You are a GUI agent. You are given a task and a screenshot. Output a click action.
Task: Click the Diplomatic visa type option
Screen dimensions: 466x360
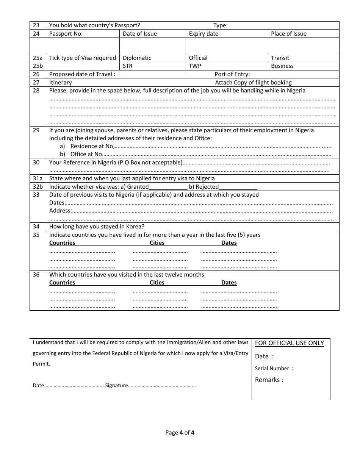[137, 58]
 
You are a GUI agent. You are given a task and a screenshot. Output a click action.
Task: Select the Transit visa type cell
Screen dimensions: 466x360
[280, 58]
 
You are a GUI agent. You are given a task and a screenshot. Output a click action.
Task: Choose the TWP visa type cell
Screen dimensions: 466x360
[195, 66]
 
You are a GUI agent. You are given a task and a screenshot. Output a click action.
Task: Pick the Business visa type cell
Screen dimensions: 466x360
[282, 66]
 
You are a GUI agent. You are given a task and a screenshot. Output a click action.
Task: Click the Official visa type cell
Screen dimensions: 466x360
[198, 58]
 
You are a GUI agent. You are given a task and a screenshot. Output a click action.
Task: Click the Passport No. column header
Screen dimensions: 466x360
[66, 34]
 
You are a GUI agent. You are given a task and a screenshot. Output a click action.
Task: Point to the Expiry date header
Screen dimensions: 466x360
[203, 34]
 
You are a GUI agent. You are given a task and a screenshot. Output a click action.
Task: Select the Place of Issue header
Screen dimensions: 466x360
[289, 34]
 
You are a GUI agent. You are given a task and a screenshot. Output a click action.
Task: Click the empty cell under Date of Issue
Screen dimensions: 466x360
[152, 46]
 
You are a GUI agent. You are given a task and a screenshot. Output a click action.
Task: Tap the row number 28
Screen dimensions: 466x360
[36, 91]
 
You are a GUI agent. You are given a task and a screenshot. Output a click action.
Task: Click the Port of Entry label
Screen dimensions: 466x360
[232, 74]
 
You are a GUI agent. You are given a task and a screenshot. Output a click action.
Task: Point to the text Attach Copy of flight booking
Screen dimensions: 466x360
[253, 83]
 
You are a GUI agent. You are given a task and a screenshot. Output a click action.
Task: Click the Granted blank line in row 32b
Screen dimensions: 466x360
[168, 187]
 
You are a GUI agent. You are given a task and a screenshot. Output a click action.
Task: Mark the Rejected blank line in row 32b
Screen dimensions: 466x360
[238, 187]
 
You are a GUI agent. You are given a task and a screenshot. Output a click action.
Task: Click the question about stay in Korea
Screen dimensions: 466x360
[97, 227]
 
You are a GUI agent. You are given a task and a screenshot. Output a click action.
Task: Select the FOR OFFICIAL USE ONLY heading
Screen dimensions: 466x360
[290, 343]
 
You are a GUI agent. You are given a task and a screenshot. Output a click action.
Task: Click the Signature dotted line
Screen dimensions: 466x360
[161, 386]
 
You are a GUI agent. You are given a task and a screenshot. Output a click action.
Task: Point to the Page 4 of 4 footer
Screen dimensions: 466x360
[180, 433]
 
